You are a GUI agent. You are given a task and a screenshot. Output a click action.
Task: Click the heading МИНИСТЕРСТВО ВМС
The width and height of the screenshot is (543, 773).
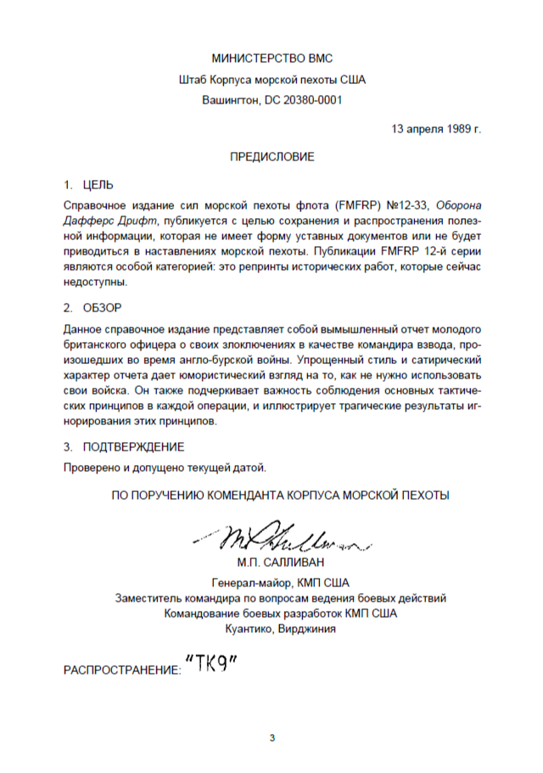click(272, 59)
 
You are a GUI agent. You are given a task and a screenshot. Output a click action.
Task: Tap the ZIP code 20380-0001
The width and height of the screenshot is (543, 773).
click(310, 100)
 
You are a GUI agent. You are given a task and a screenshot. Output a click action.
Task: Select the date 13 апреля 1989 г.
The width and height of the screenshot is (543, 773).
click(436, 130)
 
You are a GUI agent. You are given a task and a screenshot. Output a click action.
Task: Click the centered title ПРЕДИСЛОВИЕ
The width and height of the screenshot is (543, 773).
click(272, 157)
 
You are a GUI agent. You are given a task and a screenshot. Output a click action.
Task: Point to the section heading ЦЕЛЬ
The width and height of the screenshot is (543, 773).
click(98, 184)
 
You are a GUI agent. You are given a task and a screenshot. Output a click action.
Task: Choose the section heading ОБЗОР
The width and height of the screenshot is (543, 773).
click(103, 306)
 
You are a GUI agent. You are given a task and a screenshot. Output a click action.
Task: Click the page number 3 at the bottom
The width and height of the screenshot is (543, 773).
click(272, 737)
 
